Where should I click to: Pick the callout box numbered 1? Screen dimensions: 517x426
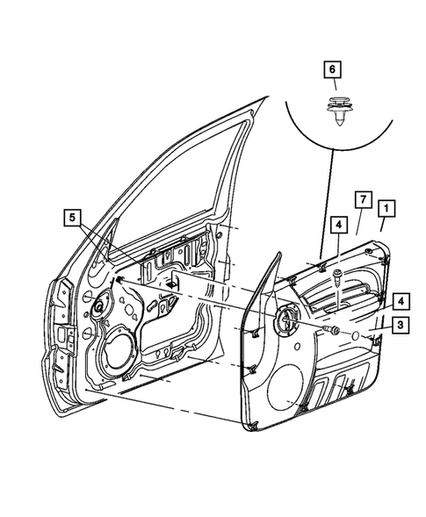click(x=386, y=208)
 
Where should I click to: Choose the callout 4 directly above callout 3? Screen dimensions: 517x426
click(x=399, y=300)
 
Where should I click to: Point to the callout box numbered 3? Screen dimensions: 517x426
click(x=399, y=326)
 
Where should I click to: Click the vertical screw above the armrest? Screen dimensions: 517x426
click(x=336, y=278)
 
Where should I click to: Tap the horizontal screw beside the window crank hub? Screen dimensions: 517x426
click(x=334, y=331)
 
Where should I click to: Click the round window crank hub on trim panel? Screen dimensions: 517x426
click(x=286, y=320)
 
